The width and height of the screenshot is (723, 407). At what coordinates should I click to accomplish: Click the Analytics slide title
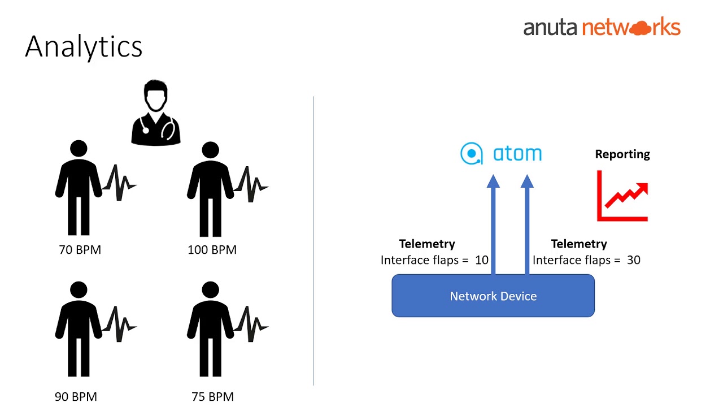(x=84, y=47)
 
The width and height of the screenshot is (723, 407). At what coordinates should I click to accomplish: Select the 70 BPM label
(x=80, y=250)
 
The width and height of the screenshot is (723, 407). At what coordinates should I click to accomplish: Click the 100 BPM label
(x=212, y=250)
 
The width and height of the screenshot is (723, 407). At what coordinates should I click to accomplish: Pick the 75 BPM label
(x=212, y=397)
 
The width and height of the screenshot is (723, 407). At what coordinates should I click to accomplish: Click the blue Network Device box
(x=493, y=296)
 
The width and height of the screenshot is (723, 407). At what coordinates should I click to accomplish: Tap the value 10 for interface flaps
(x=482, y=260)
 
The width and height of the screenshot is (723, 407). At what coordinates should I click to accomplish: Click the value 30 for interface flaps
(x=633, y=260)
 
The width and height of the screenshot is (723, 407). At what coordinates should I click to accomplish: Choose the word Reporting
(x=622, y=154)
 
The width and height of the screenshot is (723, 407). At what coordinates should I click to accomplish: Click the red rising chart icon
(x=622, y=196)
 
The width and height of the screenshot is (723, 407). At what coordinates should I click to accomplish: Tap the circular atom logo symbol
(x=471, y=154)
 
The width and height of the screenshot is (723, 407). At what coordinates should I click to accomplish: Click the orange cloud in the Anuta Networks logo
(x=639, y=28)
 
